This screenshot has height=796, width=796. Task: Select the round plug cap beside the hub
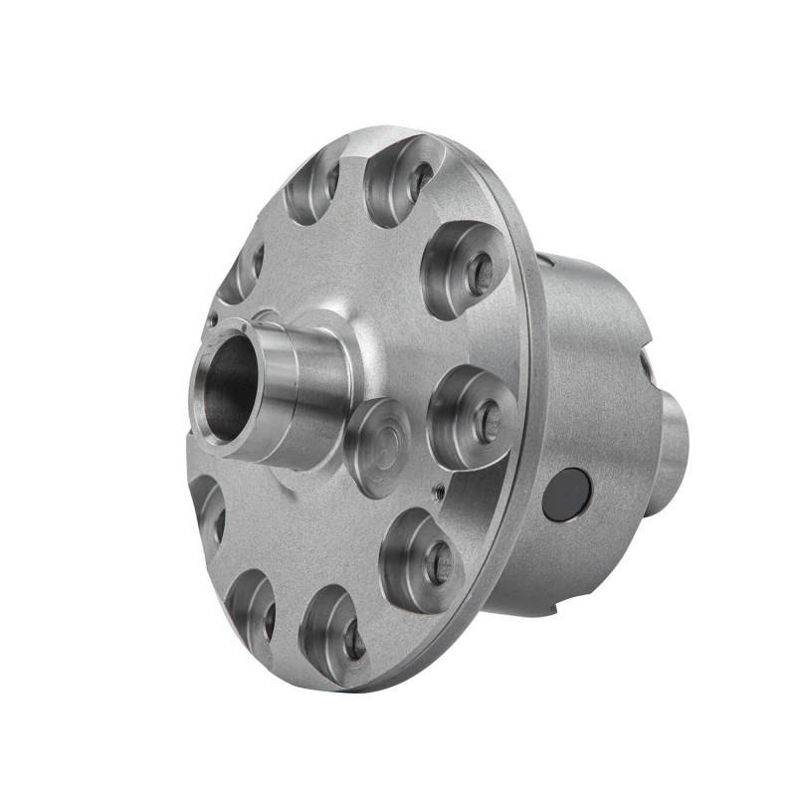point(378,446)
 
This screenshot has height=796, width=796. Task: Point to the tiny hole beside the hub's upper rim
point(212,321)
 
